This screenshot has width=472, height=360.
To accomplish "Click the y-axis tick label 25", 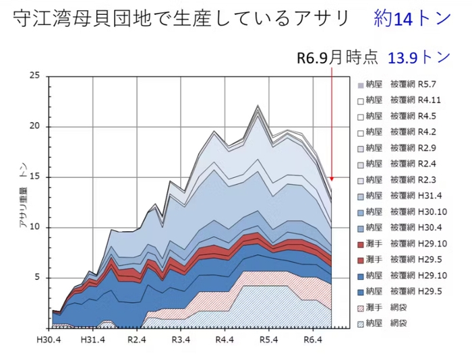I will (x=35, y=76).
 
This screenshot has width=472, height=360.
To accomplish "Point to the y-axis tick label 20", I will (x=35, y=126).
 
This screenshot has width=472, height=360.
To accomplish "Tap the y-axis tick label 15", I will (x=35, y=177).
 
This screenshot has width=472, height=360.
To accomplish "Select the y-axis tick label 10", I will (x=35, y=227).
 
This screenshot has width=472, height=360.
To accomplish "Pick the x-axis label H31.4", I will (x=94, y=339).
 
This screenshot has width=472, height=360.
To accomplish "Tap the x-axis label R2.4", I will (x=137, y=339).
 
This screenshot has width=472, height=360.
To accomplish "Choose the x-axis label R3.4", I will (x=180, y=339).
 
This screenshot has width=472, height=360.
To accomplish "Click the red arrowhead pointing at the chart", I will (x=332, y=179).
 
